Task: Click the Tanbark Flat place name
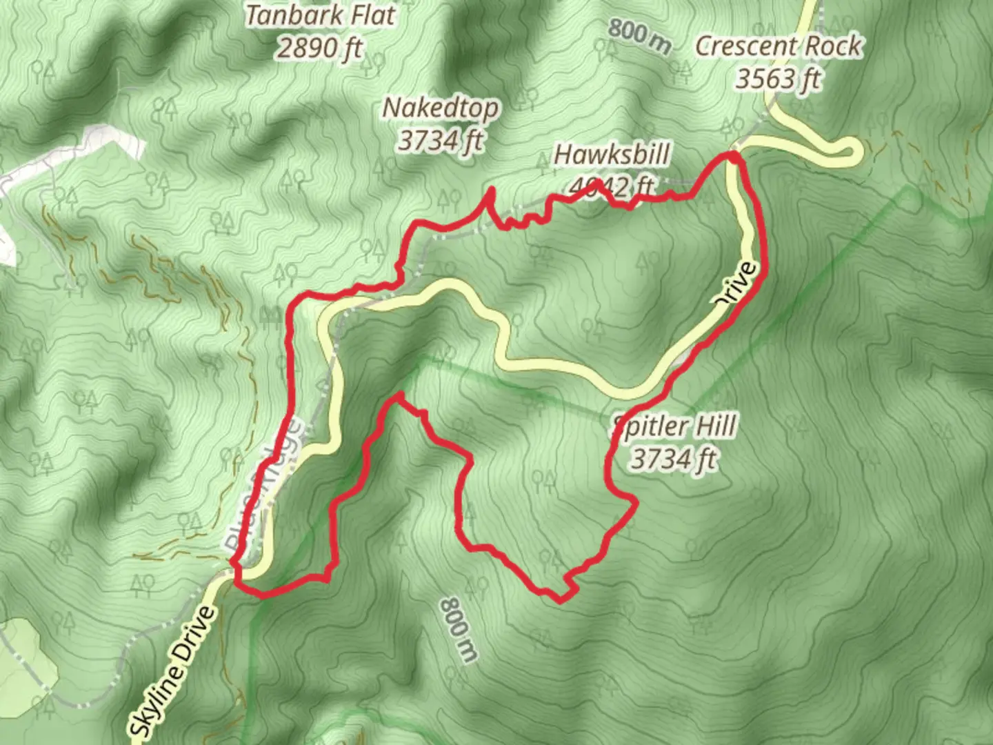click(x=321, y=15)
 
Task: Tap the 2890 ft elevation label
click(x=319, y=48)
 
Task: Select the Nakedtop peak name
click(x=440, y=108)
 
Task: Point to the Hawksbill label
click(x=612, y=155)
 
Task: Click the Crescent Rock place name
click(x=779, y=46)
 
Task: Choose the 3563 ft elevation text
click(x=779, y=79)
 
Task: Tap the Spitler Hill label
click(x=675, y=426)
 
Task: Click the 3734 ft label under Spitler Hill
click(x=674, y=459)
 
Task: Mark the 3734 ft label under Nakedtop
click(x=440, y=141)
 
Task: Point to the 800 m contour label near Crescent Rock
click(x=639, y=36)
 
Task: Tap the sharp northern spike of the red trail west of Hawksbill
click(x=491, y=190)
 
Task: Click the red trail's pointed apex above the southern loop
click(x=399, y=395)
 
